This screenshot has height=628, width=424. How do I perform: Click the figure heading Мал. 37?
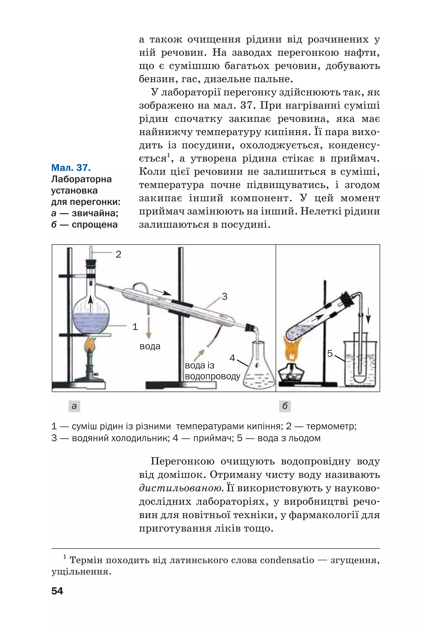coord(71,168)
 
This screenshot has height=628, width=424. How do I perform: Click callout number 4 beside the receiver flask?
coord(232,358)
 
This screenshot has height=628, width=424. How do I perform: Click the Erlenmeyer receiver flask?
coord(259,370)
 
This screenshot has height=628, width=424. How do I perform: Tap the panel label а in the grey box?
coord(74,406)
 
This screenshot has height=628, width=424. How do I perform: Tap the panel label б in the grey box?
coord(285,406)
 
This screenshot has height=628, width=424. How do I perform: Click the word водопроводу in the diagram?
coord(212,376)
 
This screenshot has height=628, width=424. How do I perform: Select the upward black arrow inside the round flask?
coord(90,303)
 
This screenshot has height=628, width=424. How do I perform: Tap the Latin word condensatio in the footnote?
coord(287,560)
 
